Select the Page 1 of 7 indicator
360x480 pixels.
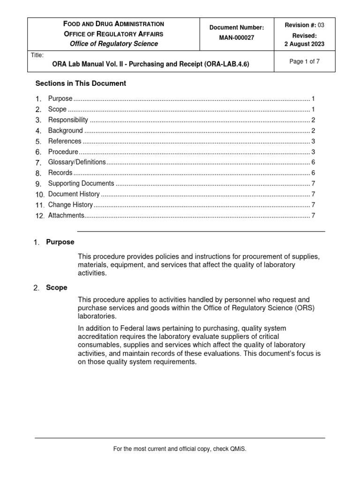(x=305, y=61)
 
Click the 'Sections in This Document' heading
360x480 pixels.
(x=81, y=83)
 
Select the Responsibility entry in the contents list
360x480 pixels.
(x=68, y=120)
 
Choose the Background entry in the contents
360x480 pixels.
(x=65, y=130)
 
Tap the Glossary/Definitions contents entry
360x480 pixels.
(x=77, y=162)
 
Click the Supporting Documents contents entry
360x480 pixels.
(x=81, y=183)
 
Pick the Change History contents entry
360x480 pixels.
(x=70, y=205)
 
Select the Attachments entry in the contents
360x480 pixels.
(x=66, y=215)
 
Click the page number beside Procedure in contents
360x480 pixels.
(x=313, y=152)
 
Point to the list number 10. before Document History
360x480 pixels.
(x=40, y=195)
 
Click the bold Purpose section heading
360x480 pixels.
(x=60, y=242)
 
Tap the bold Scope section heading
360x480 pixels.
(x=57, y=287)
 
